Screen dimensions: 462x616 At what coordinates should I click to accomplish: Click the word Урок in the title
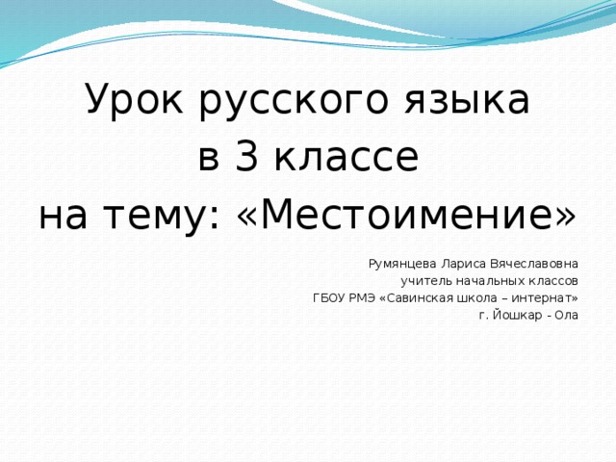(137, 99)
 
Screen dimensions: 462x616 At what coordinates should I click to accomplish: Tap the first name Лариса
(464, 262)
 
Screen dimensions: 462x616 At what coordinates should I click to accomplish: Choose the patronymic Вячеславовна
(535, 262)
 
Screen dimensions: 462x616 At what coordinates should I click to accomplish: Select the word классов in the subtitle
(553, 280)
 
